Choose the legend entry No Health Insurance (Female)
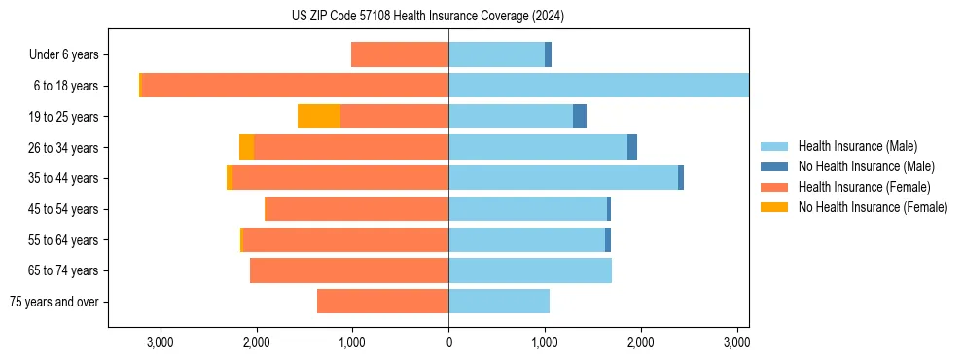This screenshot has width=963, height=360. click(x=873, y=207)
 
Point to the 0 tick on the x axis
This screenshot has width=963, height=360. click(x=448, y=342)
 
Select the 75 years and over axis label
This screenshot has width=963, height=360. click(x=54, y=302)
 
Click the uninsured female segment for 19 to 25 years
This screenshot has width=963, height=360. click(x=319, y=117)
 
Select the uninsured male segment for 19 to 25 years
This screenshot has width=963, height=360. click(x=580, y=117)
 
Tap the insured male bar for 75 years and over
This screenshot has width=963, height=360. click(x=499, y=302)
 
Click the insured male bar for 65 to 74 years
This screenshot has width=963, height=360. click(x=530, y=270)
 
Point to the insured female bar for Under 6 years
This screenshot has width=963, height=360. click(x=400, y=55)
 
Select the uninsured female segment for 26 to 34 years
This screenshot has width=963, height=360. click(x=247, y=147)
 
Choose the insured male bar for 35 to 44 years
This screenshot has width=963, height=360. click(x=563, y=178)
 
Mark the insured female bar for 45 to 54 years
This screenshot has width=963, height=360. click(x=356, y=209)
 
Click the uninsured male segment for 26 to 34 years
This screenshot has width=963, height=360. click(x=632, y=147)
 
